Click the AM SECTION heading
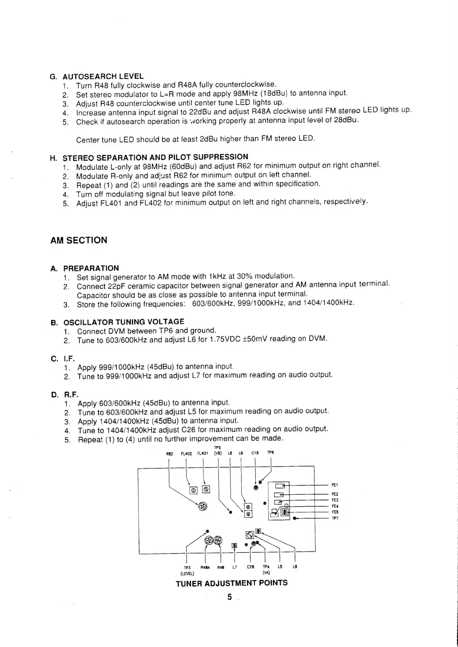tap(79, 240)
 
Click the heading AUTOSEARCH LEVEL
tap(103, 76)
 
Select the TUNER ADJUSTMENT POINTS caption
tap(231, 583)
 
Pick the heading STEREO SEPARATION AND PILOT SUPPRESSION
tap(155, 157)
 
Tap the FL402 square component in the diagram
tap(193, 490)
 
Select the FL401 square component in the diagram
tap(206, 489)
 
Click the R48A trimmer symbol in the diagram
tap(209, 540)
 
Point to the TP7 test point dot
tap(294, 518)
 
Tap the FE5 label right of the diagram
tap(335, 512)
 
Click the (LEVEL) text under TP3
tap(187, 572)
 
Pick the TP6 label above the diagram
tap(270, 452)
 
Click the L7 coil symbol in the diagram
tap(234, 546)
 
